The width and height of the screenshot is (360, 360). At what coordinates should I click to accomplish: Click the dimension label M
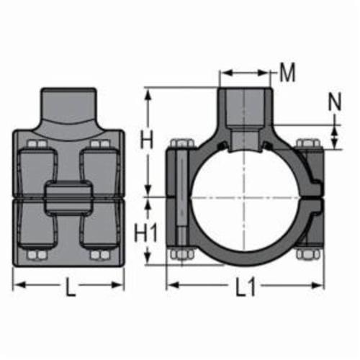pyautogui.click(x=287, y=73)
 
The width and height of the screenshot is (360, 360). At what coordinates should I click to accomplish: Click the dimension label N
pyautogui.click(x=335, y=102)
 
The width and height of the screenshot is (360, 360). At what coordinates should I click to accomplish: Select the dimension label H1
pyautogui.click(x=145, y=233)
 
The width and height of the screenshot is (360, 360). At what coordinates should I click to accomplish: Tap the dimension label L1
pyautogui.click(x=246, y=287)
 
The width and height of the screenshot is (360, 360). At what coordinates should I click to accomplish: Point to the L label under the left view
pyautogui.click(x=71, y=287)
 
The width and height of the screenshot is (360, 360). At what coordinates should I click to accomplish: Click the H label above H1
pyautogui.click(x=146, y=139)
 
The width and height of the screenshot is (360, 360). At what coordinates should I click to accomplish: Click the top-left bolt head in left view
pyautogui.click(x=37, y=145)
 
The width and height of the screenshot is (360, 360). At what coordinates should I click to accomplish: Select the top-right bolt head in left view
pyautogui.click(x=100, y=145)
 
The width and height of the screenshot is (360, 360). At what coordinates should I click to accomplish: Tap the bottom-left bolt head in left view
pyautogui.click(x=37, y=255)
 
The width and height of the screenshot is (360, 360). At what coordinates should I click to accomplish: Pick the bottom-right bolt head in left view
pyautogui.click(x=100, y=255)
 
